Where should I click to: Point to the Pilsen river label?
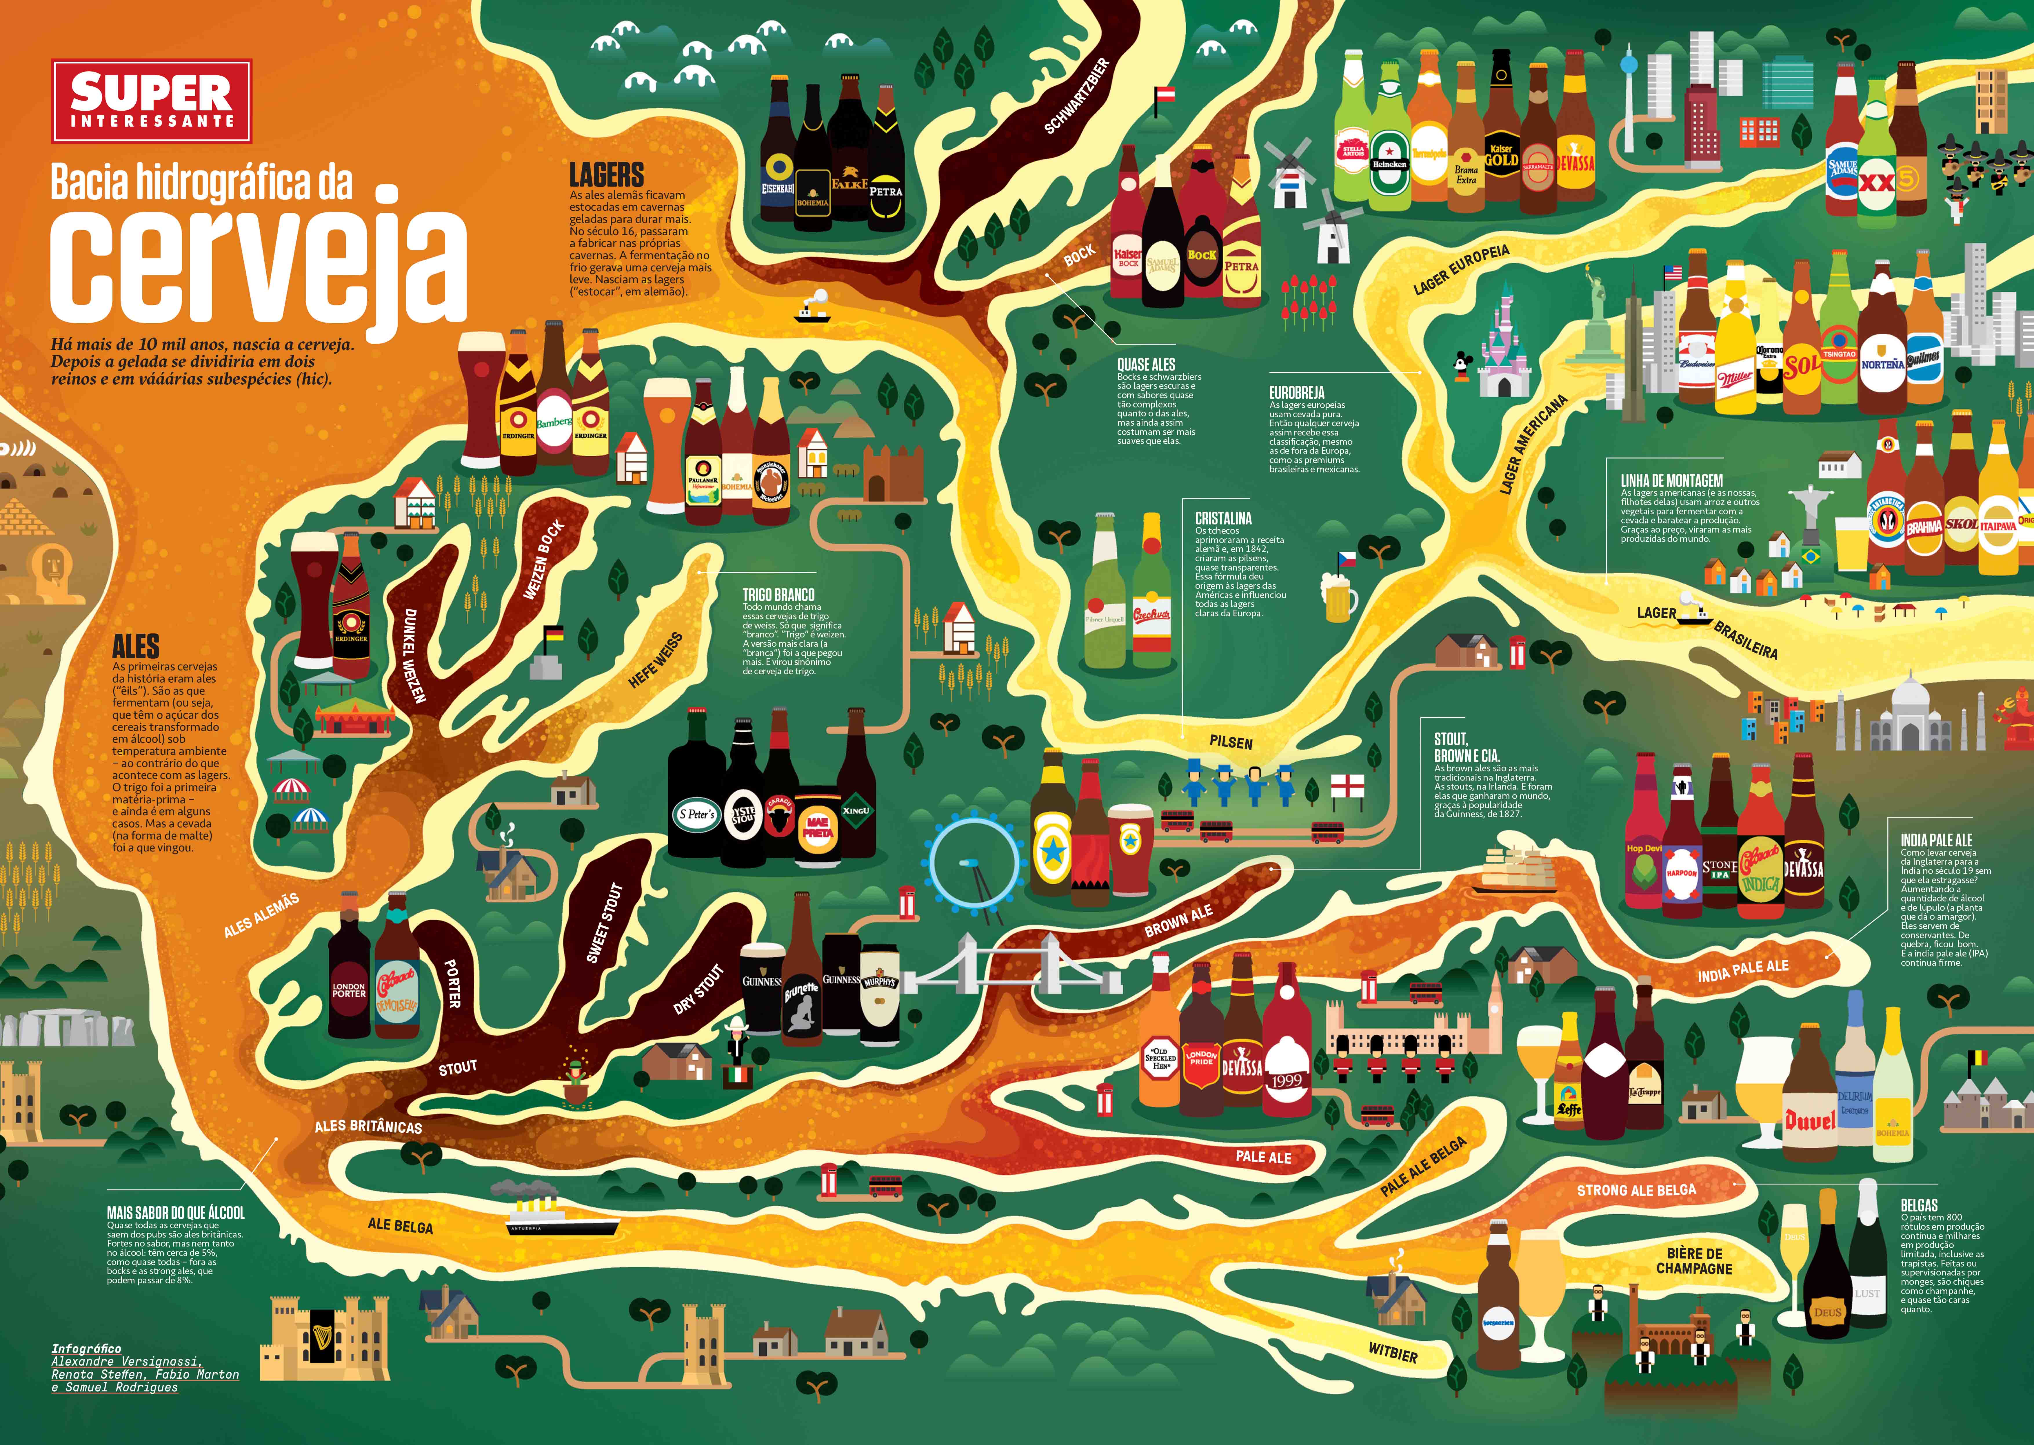[x=1231, y=742]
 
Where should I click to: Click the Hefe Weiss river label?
[x=656, y=660]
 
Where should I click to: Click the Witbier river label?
[x=1393, y=1353]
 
